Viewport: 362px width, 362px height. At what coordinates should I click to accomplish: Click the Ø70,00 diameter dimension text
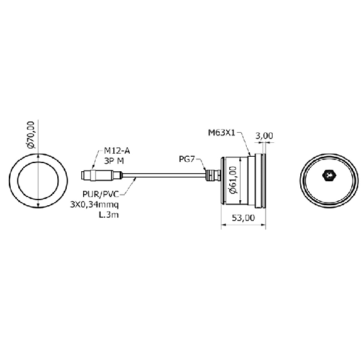point(31,135)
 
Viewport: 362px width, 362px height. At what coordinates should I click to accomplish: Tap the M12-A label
point(117,150)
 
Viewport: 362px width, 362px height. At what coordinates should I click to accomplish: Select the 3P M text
point(114,161)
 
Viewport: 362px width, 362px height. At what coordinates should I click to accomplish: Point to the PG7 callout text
point(187,159)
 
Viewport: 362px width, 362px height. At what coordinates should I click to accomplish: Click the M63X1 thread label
point(222,133)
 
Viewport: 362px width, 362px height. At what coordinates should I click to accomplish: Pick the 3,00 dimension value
point(264,135)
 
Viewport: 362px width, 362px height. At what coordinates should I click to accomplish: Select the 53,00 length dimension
point(244,218)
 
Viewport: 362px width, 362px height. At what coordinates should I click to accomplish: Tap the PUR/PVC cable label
point(101,194)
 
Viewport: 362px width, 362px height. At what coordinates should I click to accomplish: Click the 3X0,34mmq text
point(94,205)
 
